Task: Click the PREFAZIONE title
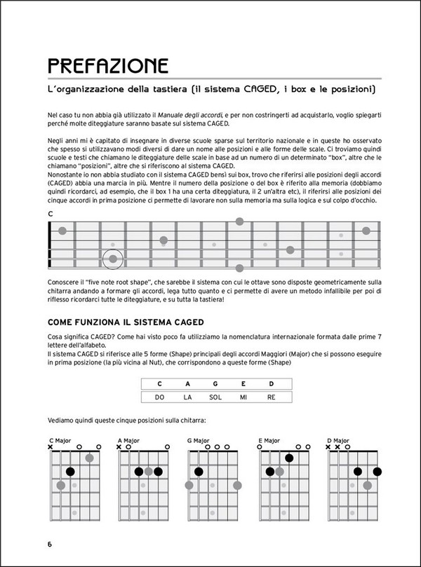tap(107, 67)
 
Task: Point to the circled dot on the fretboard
tap(112, 259)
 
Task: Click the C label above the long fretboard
tap(51, 214)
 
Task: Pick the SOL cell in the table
tap(215, 397)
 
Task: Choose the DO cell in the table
tap(159, 397)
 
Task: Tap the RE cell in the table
tap(271, 397)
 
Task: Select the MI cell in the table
tap(243, 397)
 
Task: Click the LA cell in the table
tap(187, 397)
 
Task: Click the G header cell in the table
tap(215, 383)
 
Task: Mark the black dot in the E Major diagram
tap(289, 458)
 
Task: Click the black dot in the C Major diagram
tap(70, 472)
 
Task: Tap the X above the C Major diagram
tap(51, 446)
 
